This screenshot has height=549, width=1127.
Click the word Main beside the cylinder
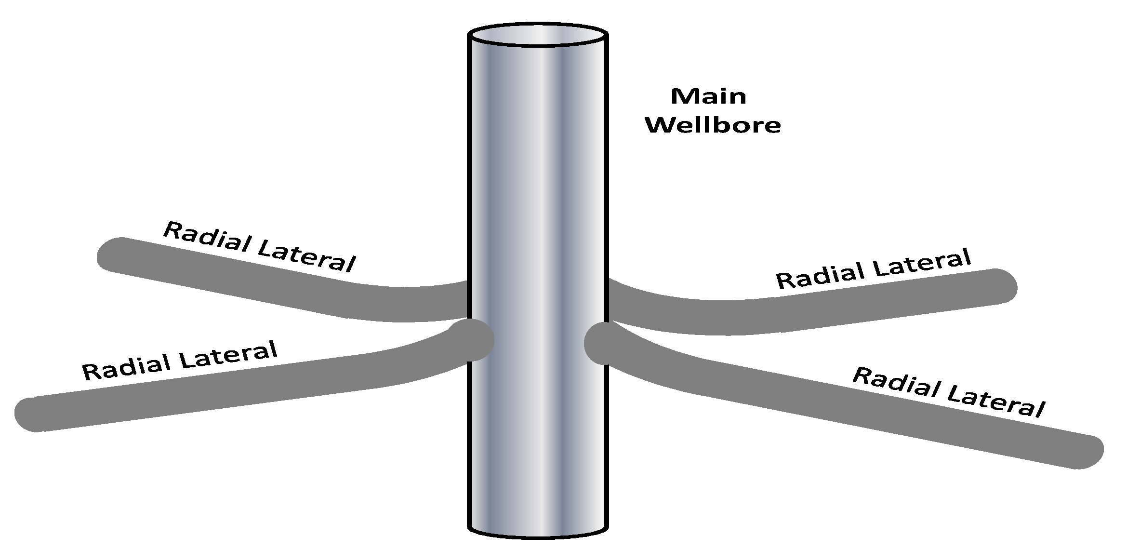click(x=708, y=96)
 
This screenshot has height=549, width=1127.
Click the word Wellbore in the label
click(x=713, y=125)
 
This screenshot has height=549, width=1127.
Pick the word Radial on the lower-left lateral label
click(x=126, y=365)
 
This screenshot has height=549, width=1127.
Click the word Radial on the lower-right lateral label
click(x=895, y=385)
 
